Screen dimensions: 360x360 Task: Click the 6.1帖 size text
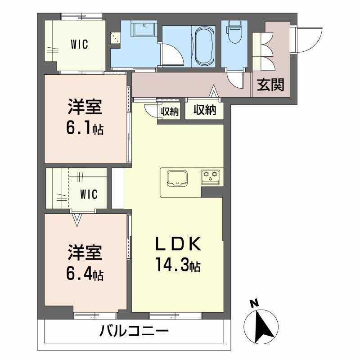[85, 130]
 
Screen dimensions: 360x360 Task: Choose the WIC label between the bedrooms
[89, 194]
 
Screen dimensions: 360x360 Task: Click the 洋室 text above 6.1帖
[85, 108]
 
